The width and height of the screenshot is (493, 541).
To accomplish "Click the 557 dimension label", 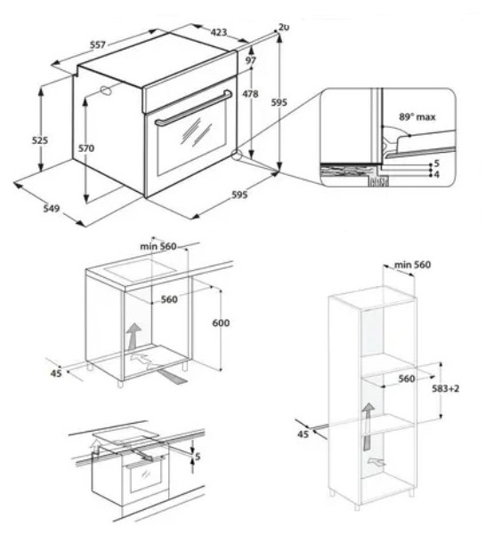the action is pyautogui.click(x=98, y=44).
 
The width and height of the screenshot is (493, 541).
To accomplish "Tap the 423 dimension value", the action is pyautogui.click(x=219, y=32).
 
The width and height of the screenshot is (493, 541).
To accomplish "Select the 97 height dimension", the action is pyautogui.click(x=251, y=60).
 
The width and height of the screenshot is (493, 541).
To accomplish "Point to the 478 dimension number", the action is pyautogui.click(x=250, y=93).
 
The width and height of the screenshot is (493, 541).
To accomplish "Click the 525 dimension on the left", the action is pyautogui.click(x=40, y=140).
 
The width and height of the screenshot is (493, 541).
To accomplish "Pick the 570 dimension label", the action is pyautogui.click(x=85, y=148).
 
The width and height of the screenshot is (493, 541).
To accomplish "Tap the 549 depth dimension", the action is pyautogui.click(x=51, y=209).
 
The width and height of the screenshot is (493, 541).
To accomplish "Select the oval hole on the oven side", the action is pyautogui.click(x=105, y=91).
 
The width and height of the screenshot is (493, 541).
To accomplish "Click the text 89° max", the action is pyautogui.click(x=417, y=117).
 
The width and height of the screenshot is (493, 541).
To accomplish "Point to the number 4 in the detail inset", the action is pyautogui.click(x=436, y=175).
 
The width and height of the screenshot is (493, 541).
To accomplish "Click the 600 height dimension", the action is pyautogui.click(x=221, y=323).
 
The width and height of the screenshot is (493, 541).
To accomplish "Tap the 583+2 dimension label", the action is pyautogui.click(x=446, y=388).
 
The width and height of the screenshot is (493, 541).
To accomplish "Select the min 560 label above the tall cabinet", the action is pyautogui.click(x=412, y=265).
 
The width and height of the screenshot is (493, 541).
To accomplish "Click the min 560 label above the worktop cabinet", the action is pyautogui.click(x=158, y=246).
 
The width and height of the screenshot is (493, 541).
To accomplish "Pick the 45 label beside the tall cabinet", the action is pyautogui.click(x=303, y=434).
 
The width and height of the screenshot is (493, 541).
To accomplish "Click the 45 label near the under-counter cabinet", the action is pyautogui.click(x=56, y=373).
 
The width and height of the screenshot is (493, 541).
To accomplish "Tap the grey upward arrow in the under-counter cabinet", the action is pyautogui.click(x=133, y=337).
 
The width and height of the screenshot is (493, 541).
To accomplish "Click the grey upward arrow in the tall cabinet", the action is pyautogui.click(x=368, y=426).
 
